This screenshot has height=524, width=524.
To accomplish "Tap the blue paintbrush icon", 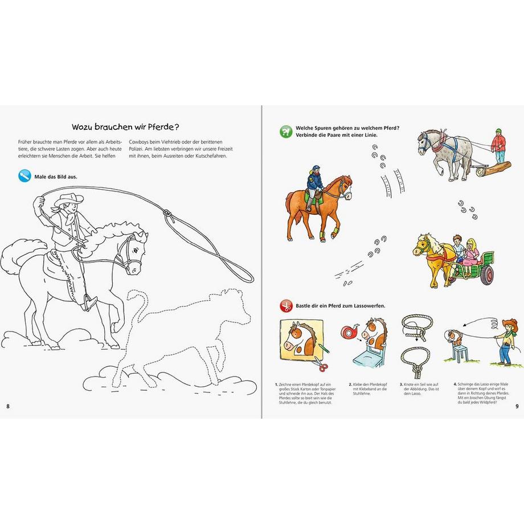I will coord(24,177).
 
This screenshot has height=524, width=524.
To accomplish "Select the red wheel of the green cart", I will coord(486,276).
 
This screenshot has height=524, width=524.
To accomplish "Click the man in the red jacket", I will coord(499,147).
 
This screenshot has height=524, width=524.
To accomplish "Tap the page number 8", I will coord(8,406).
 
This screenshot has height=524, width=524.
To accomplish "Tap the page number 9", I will coord(516,406).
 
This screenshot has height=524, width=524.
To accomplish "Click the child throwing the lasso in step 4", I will coord(505,342).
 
